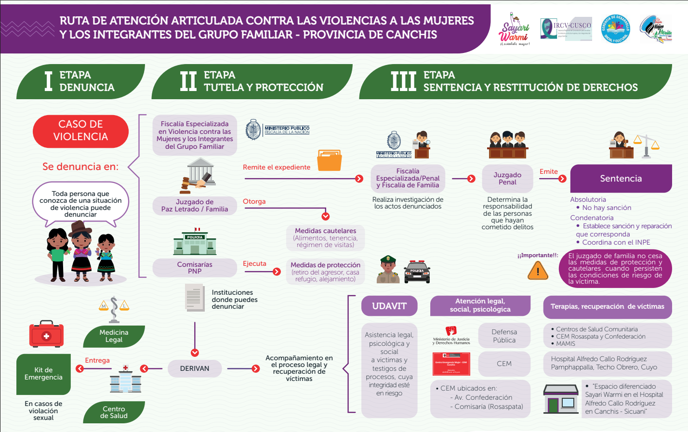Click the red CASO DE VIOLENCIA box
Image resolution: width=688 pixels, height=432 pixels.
(x=80, y=131)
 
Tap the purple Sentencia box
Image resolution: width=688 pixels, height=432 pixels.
(x=621, y=179)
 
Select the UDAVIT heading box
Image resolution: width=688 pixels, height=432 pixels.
(x=389, y=306)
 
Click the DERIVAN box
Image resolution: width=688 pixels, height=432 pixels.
(x=195, y=368)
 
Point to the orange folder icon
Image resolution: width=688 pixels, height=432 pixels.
(x=330, y=160)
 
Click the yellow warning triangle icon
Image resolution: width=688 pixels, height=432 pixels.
(x=538, y=272)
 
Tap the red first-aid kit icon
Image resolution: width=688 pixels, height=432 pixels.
(x=46, y=334)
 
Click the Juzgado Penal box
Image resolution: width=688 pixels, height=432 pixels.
(x=507, y=179)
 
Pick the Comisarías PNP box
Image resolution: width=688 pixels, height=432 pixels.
(x=195, y=268)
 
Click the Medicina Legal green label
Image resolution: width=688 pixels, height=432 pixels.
(x=114, y=336)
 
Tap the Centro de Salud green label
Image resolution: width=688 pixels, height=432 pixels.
(x=114, y=412)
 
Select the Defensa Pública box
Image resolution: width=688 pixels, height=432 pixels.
(x=504, y=336)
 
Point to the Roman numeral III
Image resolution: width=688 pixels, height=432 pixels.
(x=403, y=81)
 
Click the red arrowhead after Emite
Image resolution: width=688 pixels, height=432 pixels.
(x=562, y=179)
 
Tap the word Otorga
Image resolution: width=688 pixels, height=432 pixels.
(x=254, y=201)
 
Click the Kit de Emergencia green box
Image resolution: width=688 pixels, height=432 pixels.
(x=43, y=374)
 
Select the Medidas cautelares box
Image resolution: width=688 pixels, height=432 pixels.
(x=325, y=238)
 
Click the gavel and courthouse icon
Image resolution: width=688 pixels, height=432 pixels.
(x=198, y=176)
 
